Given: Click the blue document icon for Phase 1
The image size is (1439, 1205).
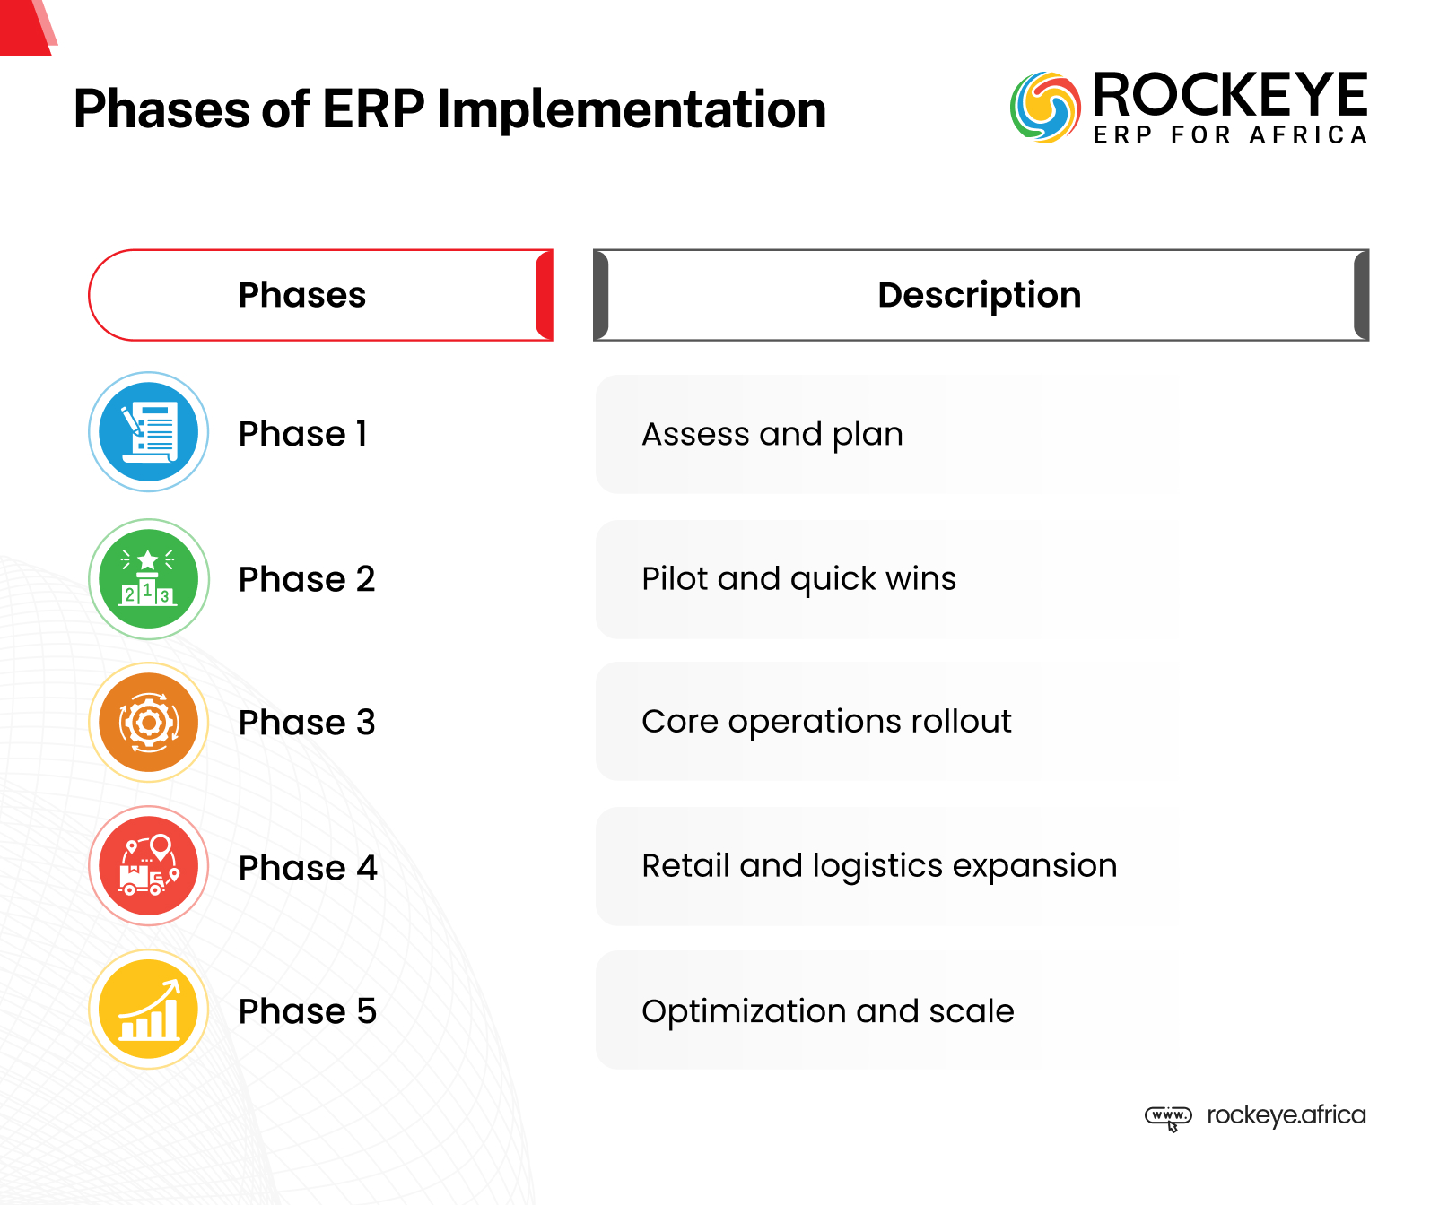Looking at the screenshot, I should pyautogui.click(x=149, y=432).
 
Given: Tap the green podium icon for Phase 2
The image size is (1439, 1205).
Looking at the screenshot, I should pyautogui.click(x=149, y=579).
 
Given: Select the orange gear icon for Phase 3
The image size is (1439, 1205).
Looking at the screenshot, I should pyautogui.click(x=149, y=723).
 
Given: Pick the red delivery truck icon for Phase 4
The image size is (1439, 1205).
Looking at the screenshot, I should pyautogui.click(x=149, y=866).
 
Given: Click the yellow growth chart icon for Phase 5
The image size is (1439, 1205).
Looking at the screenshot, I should pyautogui.click(x=149, y=1010).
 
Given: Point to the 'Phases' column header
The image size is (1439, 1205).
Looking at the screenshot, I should pyautogui.click(x=302, y=295).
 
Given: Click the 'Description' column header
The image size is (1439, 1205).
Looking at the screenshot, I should pyautogui.click(x=979, y=295).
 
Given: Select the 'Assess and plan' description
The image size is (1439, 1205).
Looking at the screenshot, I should pyautogui.click(x=772, y=434).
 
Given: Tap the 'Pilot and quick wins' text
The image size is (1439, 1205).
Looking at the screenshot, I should pyautogui.click(x=798, y=579).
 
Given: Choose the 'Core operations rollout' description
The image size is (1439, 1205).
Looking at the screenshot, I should pyautogui.click(x=826, y=722).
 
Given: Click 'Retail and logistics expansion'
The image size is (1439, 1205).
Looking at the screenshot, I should pyautogui.click(x=879, y=866).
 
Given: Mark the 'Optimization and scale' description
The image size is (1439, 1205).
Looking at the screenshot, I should pyautogui.click(x=827, y=1011).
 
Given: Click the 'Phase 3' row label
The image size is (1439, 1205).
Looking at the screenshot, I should pyautogui.click(x=307, y=723).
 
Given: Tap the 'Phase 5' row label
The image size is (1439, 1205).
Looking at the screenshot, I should pyautogui.click(x=307, y=1011).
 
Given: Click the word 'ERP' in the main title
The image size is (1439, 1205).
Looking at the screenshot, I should pyautogui.click(x=372, y=109).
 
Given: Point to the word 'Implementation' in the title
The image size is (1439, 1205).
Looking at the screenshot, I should pyautogui.click(x=632, y=109).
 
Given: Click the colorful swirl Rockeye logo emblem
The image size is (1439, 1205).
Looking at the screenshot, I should pyautogui.click(x=1045, y=108).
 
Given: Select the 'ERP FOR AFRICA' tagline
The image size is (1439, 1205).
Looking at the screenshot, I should pyautogui.click(x=1230, y=135).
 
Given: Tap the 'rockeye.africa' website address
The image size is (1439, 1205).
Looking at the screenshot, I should pyautogui.click(x=1286, y=1115).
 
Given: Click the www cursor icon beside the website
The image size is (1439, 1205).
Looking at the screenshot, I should pyautogui.click(x=1168, y=1117).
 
